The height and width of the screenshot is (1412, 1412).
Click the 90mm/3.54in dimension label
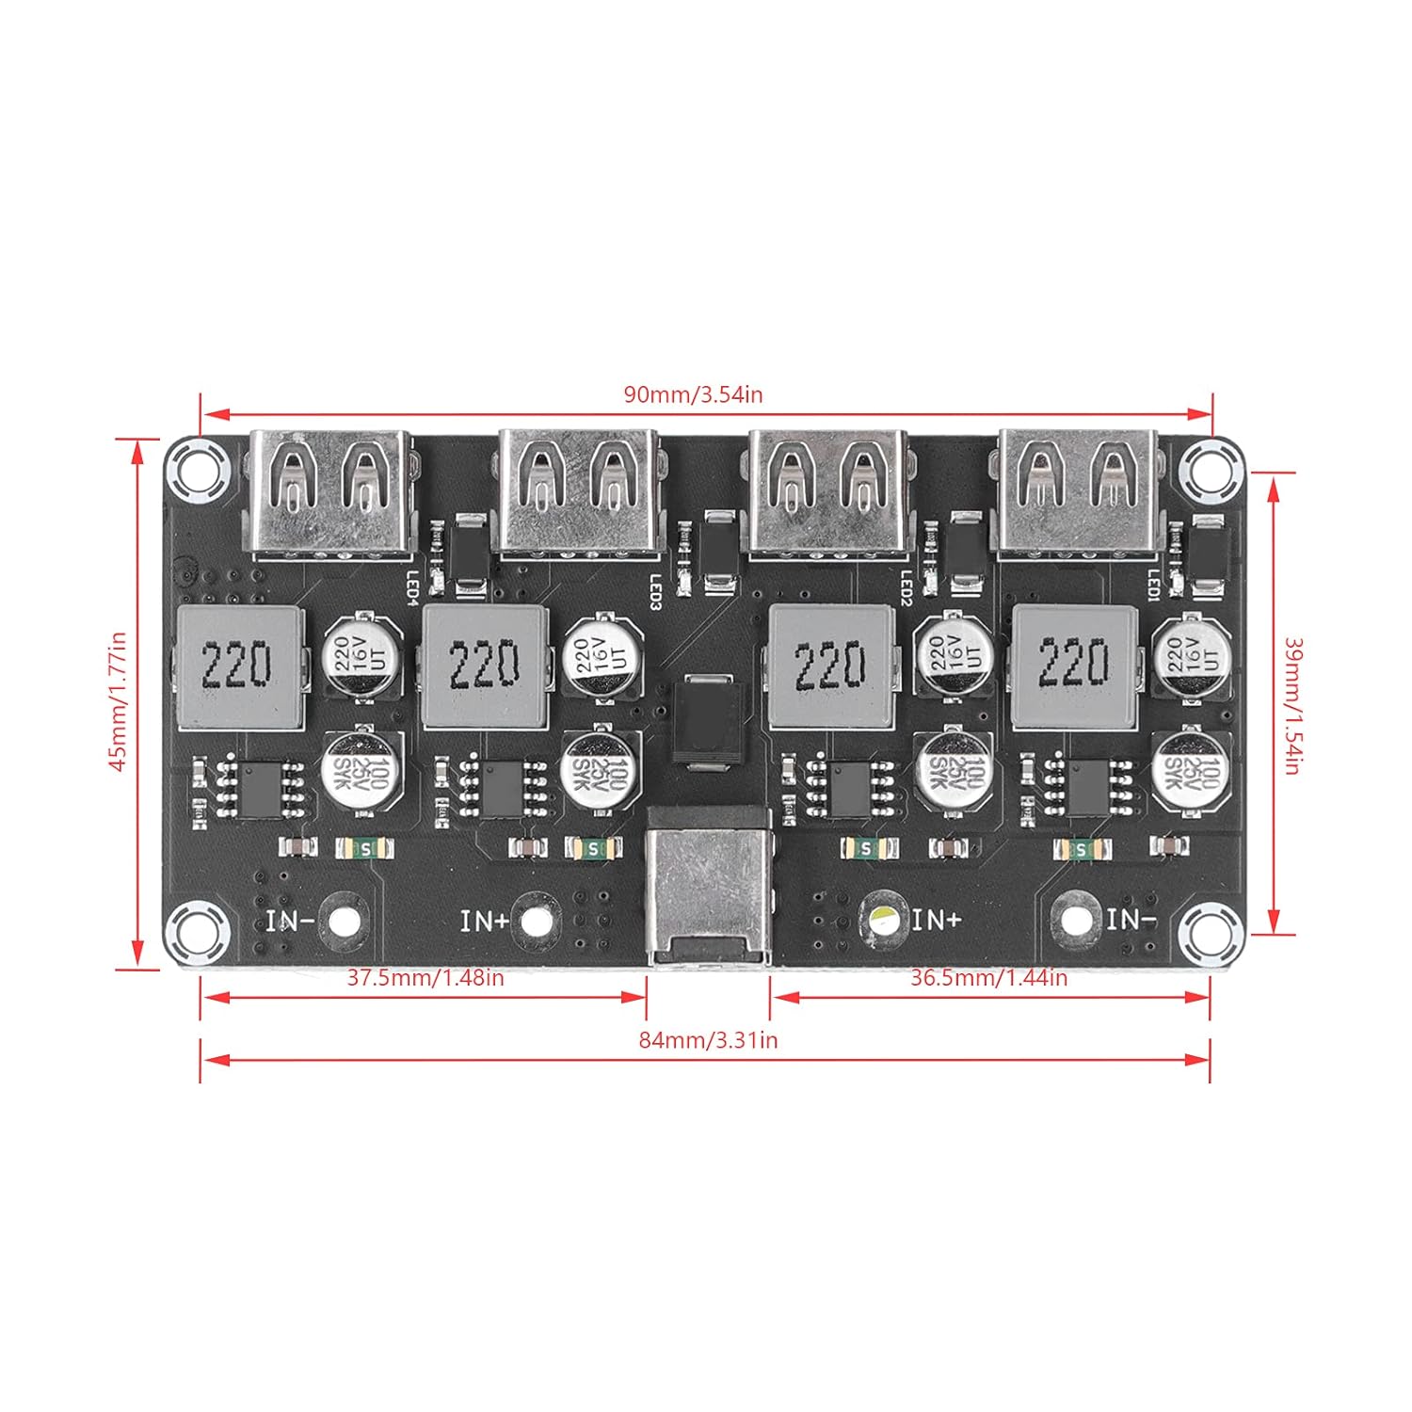(x=693, y=394)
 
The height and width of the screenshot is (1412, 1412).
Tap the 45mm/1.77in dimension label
(x=119, y=701)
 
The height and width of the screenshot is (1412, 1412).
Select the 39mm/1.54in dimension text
(x=1292, y=706)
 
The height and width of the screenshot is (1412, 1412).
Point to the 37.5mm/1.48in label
(x=425, y=978)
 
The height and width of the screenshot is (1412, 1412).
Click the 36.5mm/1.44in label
(x=988, y=978)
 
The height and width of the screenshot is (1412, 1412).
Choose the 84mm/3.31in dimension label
(x=708, y=1040)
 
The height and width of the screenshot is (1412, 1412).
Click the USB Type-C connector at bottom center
(x=708, y=885)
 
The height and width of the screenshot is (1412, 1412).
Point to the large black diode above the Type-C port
(x=710, y=720)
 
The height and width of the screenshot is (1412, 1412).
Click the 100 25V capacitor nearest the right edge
(x=1192, y=770)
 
